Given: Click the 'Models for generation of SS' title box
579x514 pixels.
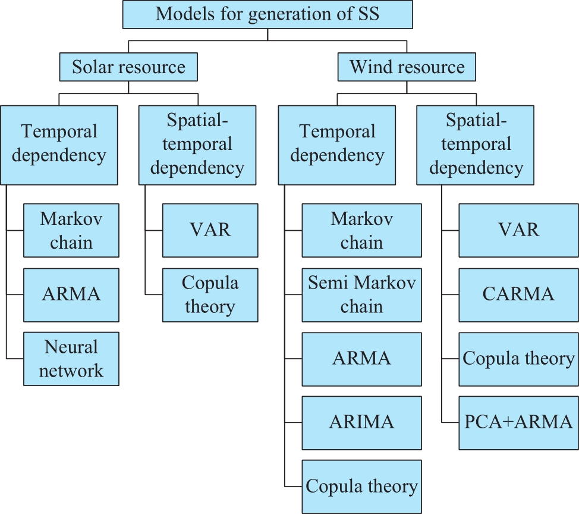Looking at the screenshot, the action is pyautogui.click(x=268, y=14).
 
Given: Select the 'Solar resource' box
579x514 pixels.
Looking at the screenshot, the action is pyautogui.click(x=128, y=67).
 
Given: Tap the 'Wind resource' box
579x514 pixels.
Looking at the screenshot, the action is pyautogui.click(x=407, y=67).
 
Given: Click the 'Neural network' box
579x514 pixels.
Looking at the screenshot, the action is pyautogui.click(x=71, y=359).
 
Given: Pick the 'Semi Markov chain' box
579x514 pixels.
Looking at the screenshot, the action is pyautogui.click(x=361, y=295).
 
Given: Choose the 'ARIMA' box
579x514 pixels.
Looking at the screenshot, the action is pyautogui.click(x=361, y=423).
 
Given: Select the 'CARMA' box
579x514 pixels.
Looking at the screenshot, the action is pyautogui.click(x=518, y=295).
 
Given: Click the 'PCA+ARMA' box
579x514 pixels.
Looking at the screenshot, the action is pyautogui.click(x=518, y=423).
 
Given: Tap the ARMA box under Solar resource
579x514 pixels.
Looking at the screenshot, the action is pyautogui.click(x=71, y=295).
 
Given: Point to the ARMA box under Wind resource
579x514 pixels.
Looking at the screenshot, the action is pyautogui.click(x=361, y=359).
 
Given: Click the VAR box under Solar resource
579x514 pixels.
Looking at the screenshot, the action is pyautogui.click(x=210, y=230).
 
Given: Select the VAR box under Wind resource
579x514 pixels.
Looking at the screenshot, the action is pyautogui.click(x=518, y=230).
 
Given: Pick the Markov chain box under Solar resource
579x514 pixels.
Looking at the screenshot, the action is pyautogui.click(x=71, y=230).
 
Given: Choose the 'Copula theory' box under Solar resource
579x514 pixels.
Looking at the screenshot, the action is pyautogui.click(x=210, y=295).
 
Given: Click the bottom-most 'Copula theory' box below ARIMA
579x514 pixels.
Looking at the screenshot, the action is pyautogui.click(x=361, y=487).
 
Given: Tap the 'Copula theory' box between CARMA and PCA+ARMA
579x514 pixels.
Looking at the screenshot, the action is pyautogui.click(x=518, y=359).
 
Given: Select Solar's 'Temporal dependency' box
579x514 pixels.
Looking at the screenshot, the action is pyautogui.click(x=59, y=145).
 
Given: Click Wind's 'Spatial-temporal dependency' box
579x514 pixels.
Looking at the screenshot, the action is pyautogui.click(x=475, y=145).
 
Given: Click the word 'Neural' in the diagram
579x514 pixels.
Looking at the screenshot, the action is pyautogui.click(x=71, y=347).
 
